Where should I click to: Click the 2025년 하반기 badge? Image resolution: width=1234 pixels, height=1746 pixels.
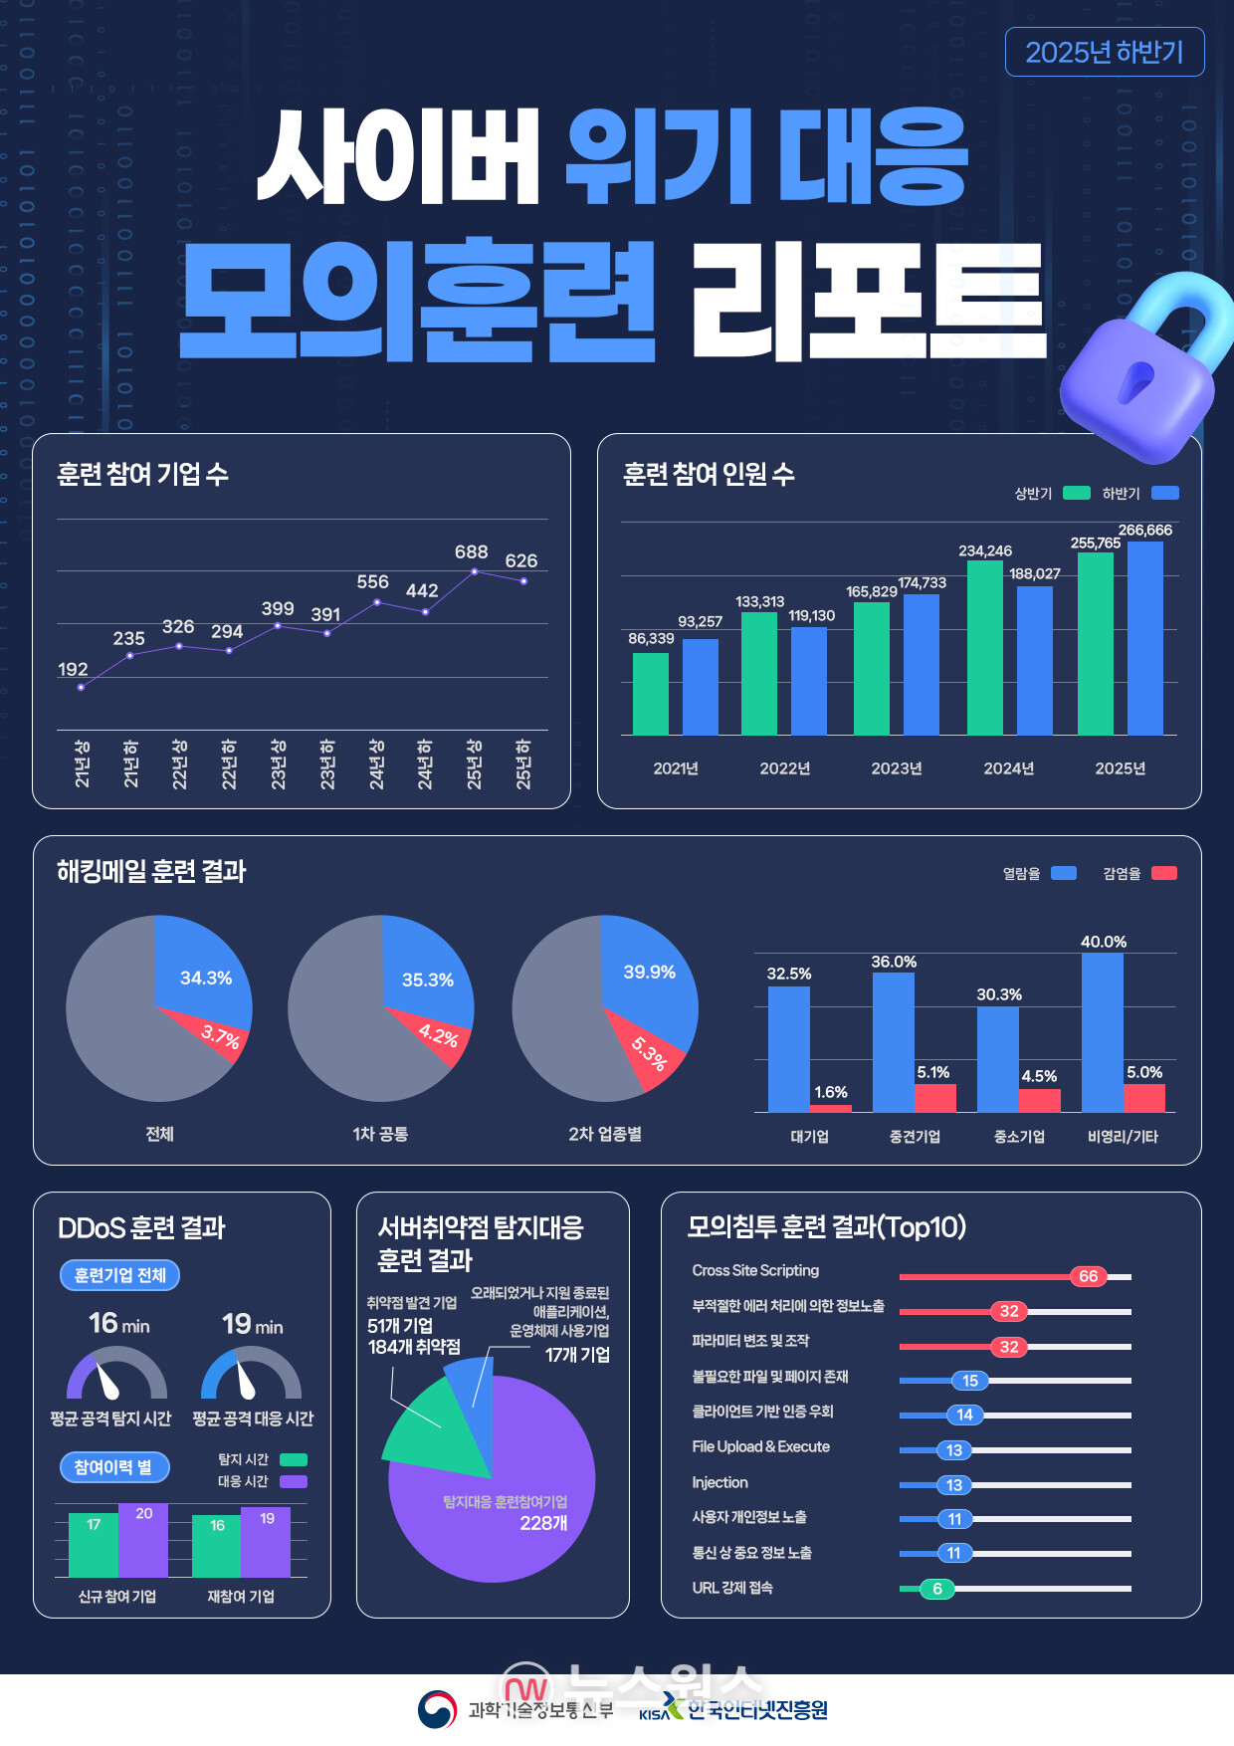point(1104,53)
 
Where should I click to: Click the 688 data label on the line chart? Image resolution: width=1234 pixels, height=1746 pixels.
point(471,551)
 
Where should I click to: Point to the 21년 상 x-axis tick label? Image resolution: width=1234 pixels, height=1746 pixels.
point(82,764)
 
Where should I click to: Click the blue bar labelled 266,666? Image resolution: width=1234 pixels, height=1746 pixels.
point(1144,637)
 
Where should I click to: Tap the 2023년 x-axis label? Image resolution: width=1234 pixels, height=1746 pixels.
point(896,768)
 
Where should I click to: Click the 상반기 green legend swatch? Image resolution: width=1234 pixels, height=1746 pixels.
point(1076,493)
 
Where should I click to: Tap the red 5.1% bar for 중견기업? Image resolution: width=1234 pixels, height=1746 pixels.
point(934,1097)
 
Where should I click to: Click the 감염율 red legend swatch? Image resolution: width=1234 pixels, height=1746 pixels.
point(1163,873)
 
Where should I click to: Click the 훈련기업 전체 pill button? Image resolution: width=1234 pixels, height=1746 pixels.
point(119,1275)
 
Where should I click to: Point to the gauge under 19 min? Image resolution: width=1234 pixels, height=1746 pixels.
point(251,1376)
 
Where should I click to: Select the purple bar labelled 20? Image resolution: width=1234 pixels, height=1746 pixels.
point(143,1541)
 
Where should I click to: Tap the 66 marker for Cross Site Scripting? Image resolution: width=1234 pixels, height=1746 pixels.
point(1088,1276)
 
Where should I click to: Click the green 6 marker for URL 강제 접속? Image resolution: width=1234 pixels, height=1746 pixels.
point(936,1589)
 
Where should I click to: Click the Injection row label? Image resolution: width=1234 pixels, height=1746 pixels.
point(720,1482)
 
